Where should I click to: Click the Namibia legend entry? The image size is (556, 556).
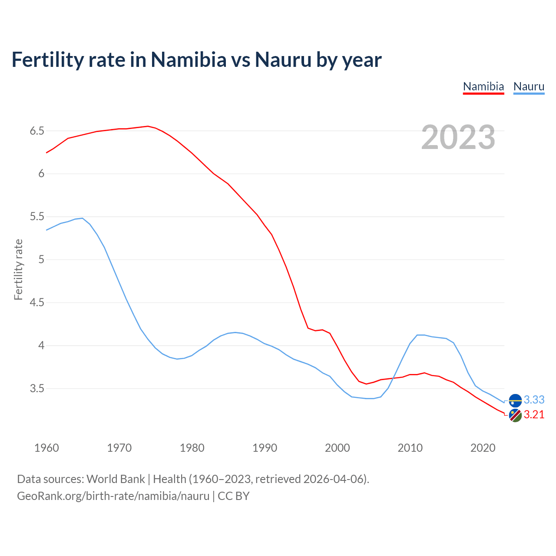coord(483,86)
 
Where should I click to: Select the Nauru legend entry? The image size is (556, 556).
coord(529,86)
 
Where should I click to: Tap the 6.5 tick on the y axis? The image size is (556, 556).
coord(37,131)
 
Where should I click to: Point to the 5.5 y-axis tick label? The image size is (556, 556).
coord(37,217)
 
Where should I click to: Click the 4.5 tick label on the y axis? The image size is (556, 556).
coord(37,303)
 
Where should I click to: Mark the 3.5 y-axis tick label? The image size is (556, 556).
coord(37,388)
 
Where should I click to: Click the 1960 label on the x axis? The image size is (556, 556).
coord(46,448)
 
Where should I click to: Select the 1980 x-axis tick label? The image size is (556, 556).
coord(192,448)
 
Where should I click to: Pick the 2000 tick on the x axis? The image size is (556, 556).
coord(338,448)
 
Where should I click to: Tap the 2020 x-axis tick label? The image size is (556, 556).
coord(483,448)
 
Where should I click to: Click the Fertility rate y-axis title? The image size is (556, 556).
coord(18,269)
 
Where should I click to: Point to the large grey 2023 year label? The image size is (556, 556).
coord(458,137)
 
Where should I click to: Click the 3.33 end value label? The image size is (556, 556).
coord(534,400)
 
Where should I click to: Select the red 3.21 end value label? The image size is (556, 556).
coord(534,415)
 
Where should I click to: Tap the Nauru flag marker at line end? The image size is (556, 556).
coord(515,400)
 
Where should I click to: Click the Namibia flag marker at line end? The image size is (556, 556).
coord(515,416)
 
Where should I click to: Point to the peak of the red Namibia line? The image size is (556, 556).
coord(148,126)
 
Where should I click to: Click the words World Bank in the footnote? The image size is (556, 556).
coord(116,479)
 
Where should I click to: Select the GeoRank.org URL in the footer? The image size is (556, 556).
coord(113,496)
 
